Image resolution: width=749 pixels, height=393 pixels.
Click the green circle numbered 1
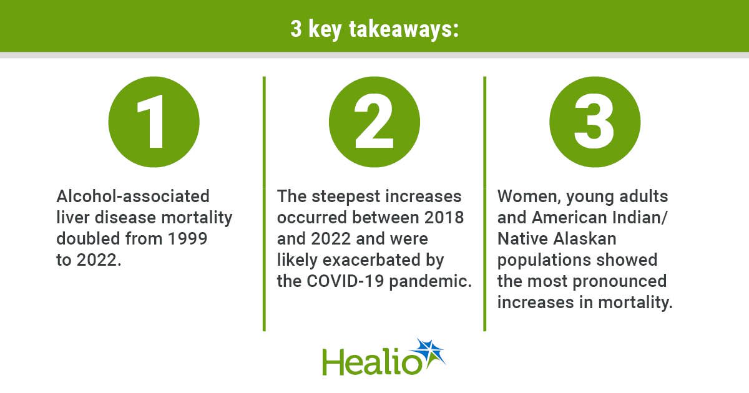(x=154, y=122)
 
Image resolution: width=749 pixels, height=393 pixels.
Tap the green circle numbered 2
(x=374, y=122)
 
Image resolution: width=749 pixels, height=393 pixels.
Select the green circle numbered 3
(x=595, y=122)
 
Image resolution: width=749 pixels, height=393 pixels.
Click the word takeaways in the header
(x=404, y=29)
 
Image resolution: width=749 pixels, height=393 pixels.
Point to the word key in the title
(x=325, y=29)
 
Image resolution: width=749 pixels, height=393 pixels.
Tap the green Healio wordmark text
(x=372, y=362)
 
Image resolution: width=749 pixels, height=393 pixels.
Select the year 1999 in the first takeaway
(x=187, y=238)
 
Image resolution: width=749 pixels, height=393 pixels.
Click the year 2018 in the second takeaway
(x=444, y=218)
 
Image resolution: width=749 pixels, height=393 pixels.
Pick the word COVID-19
(x=345, y=281)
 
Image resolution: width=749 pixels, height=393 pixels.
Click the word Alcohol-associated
(x=133, y=196)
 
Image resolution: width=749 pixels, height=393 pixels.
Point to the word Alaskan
(x=585, y=238)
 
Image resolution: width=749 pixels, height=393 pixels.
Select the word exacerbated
(x=371, y=260)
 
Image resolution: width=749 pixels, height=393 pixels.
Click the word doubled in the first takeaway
(x=88, y=238)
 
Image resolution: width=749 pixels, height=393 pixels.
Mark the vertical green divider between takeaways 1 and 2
(x=264, y=204)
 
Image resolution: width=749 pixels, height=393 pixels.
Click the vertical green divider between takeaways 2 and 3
(x=485, y=204)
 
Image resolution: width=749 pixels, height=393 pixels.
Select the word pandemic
(x=430, y=281)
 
